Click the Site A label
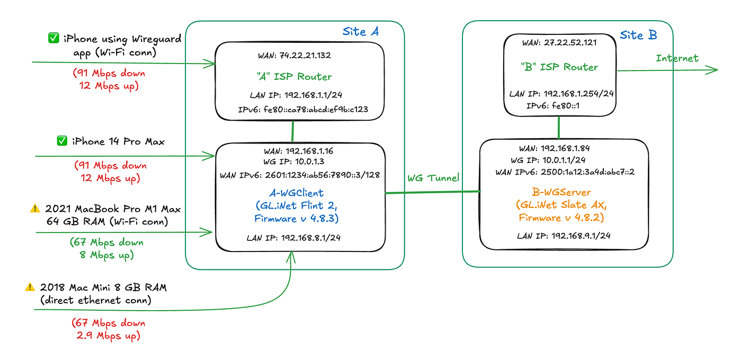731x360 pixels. (361, 32)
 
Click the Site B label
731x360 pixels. (638, 35)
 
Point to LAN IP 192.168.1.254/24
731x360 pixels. (561, 94)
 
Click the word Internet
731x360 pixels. (677, 58)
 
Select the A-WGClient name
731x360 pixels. (300, 193)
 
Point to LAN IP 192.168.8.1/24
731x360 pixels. (293, 238)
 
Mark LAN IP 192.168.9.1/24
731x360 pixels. (564, 236)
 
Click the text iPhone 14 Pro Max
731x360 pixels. (119, 141)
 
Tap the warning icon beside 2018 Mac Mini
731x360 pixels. (30, 287)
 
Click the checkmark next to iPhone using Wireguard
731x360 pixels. (53, 38)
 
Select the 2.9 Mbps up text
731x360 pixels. (109, 336)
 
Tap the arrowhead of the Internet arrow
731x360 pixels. (715, 70)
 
